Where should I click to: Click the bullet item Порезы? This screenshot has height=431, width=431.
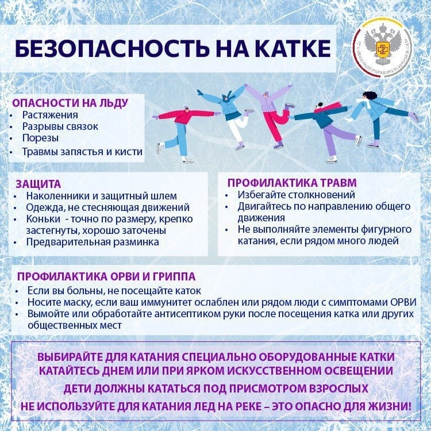point(40,138)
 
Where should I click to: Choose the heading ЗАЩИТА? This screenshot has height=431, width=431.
point(39,184)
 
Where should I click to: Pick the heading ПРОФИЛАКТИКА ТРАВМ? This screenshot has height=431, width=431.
point(292,183)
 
